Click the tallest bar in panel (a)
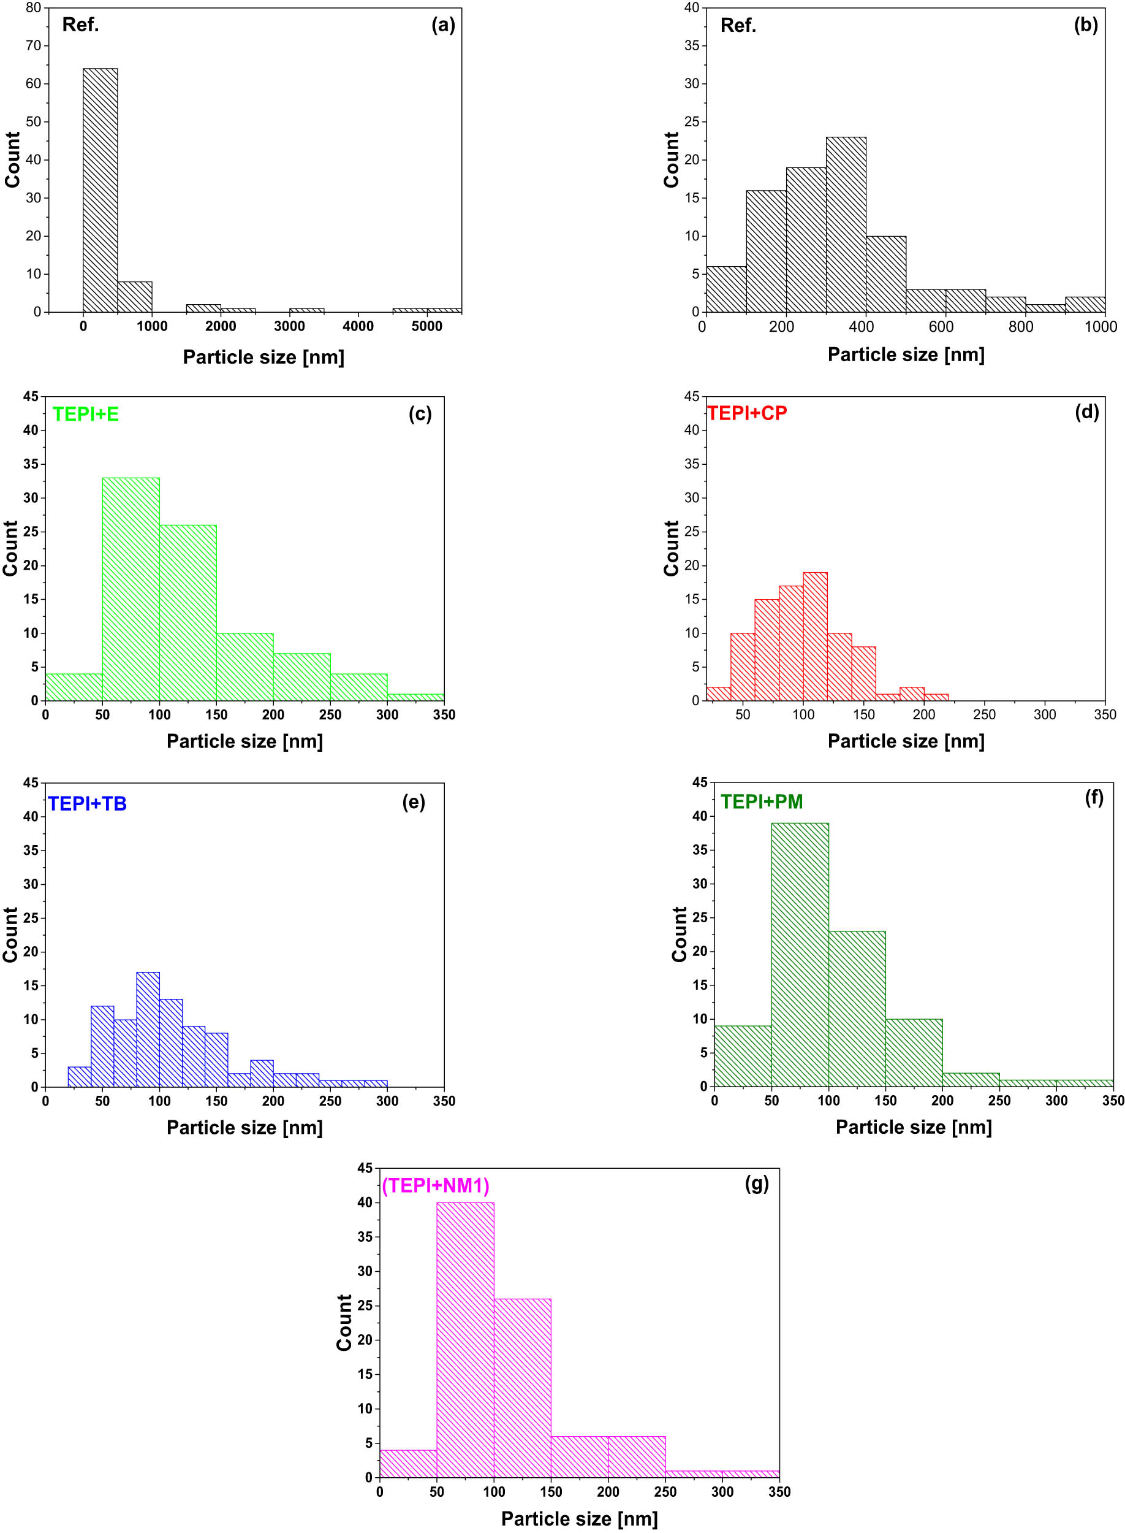pos(100,190)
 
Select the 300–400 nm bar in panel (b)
pos(846,224)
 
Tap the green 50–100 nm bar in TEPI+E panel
pos(131,589)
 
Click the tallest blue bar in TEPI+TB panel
pos(148,1029)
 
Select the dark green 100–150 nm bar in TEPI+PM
pos(857,1008)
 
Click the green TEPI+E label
pos(86,415)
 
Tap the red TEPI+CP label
pos(747,413)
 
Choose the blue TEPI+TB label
pos(87,804)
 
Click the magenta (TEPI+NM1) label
pos(435,1186)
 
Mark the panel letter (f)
pos(1094,797)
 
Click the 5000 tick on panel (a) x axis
pos(426,326)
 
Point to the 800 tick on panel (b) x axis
pos(1021,327)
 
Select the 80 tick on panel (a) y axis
pos(33,8)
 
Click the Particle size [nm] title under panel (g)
pos(579,1519)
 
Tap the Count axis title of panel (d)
pos(672,548)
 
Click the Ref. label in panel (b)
pos(738,26)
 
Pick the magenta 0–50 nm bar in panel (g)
pos(408,1464)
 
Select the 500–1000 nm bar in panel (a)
pos(135,297)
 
